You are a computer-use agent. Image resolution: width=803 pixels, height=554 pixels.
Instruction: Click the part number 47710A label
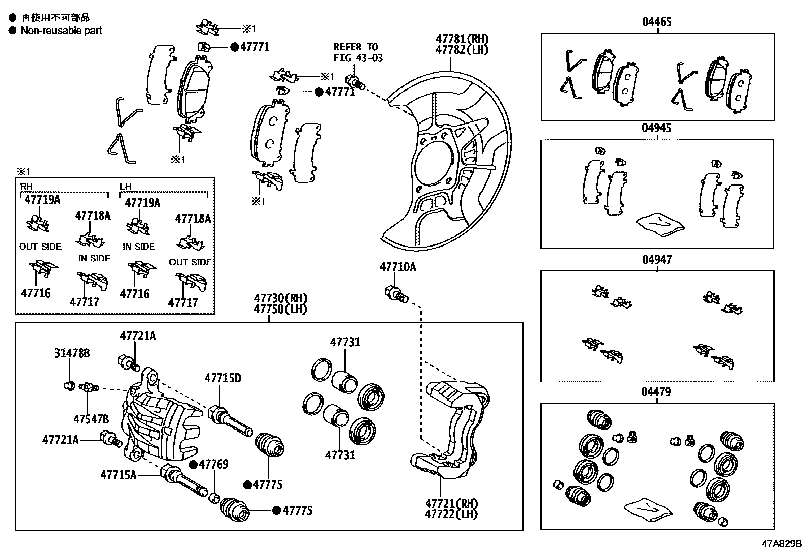pos(397,267)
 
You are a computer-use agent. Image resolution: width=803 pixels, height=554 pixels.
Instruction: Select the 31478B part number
pos(72,354)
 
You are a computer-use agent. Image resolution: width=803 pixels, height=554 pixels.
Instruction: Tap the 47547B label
pos(91,419)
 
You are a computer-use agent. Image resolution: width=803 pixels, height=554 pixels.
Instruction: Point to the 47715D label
pos(222,378)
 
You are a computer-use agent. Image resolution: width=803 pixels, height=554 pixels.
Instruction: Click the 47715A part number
pos(119,475)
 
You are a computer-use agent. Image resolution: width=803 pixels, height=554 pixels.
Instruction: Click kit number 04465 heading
pos(657,22)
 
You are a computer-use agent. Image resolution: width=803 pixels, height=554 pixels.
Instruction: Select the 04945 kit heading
pos(657,128)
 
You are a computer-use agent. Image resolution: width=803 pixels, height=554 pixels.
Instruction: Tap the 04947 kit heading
pos(657,260)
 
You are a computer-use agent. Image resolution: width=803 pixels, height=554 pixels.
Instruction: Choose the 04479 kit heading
pos(657,392)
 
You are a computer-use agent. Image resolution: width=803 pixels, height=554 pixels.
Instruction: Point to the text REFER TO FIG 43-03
pos(358,52)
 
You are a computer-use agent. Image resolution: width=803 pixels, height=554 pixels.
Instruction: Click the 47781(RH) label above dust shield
pos(463,39)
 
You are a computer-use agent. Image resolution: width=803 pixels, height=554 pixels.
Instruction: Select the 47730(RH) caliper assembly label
pos(280,298)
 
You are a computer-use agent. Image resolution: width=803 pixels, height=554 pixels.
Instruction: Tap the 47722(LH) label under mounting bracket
pos(451,514)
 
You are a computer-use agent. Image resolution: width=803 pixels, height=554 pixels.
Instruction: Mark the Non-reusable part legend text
pos(61,30)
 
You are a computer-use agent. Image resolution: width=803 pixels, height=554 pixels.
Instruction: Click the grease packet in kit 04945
pos(660,223)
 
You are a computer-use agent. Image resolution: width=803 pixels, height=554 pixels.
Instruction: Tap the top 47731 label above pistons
pos(346,342)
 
